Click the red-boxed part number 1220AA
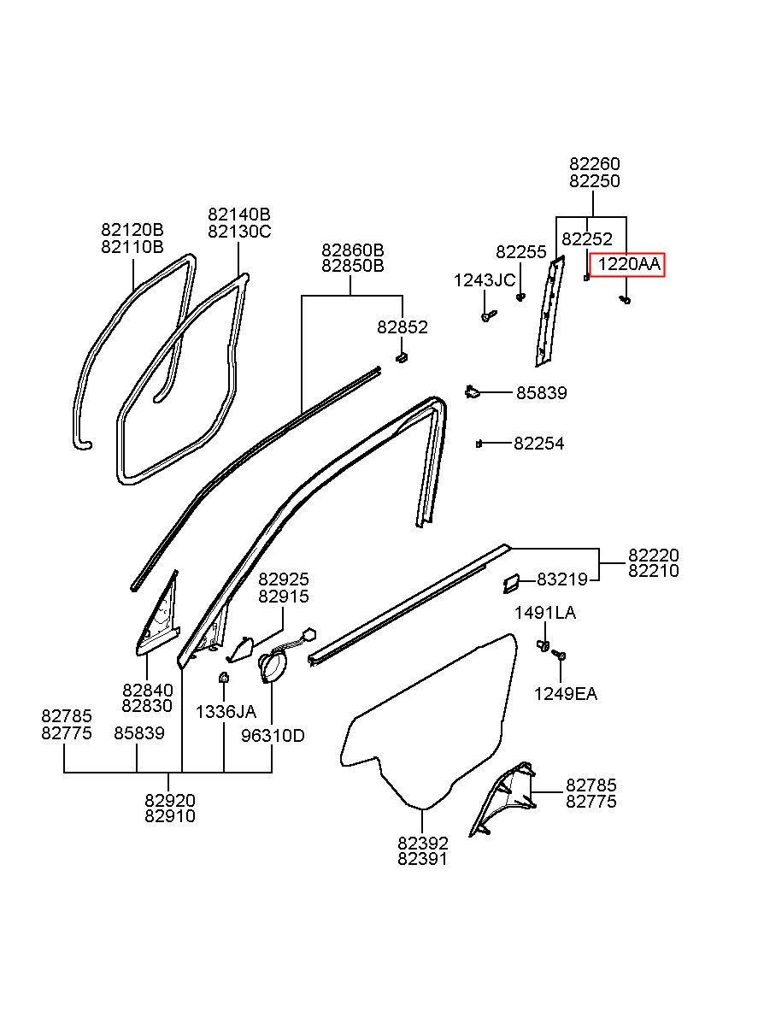(x=629, y=265)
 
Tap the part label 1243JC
(x=484, y=280)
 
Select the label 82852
(x=403, y=327)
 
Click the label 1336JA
(x=226, y=712)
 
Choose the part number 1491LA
(x=545, y=613)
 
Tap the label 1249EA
(x=566, y=707)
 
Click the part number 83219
(x=562, y=579)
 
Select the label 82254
(x=539, y=444)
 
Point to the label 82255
(x=521, y=252)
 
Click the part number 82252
(x=587, y=239)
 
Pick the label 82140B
(x=239, y=215)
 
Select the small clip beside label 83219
(x=511, y=583)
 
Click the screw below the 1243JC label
(x=489, y=315)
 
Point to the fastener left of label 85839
(x=472, y=391)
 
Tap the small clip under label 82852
(x=402, y=357)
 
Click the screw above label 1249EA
(x=561, y=655)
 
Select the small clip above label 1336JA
(x=224, y=678)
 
